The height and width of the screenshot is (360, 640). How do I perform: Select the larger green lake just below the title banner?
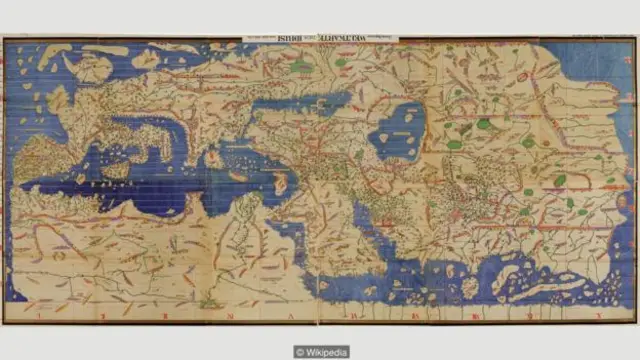[x=300, y=67]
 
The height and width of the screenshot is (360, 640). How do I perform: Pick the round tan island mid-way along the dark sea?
[x=213, y=158]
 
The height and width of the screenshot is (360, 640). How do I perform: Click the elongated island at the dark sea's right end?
[x=281, y=183]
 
